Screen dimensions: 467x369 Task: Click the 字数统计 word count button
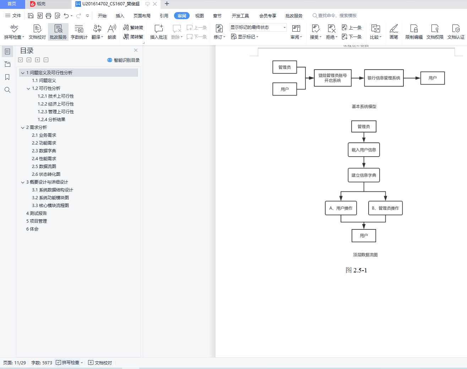click(79, 32)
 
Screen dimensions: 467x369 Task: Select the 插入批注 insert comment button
click(159, 32)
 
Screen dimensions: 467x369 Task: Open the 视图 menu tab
click(199, 16)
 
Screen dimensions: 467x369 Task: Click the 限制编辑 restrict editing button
click(414, 32)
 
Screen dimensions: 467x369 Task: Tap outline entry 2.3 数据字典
click(44, 151)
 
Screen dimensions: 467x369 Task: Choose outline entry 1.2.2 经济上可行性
click(56, 104)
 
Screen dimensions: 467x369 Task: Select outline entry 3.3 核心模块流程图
click(50, 205)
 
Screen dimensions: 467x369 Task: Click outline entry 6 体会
click(32, 229)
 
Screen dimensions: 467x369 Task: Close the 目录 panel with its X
click(136, 50)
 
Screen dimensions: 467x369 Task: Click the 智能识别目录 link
click(124, 60)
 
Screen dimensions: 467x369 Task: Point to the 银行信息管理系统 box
click(384, 78)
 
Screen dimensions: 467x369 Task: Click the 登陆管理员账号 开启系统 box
click(333, 78)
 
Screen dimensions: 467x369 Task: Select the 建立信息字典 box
click(364, 175)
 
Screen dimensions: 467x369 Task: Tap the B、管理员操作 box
click(385, 208)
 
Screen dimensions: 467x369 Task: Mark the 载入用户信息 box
click(364, 150)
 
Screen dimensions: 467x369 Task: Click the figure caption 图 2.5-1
click(356, 270)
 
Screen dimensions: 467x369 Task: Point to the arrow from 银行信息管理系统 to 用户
click(412, 78)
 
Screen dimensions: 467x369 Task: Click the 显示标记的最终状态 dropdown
click(258, 27)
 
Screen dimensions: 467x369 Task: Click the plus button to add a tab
click(167, 4)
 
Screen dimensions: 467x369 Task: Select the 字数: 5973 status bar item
click(42, 363)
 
